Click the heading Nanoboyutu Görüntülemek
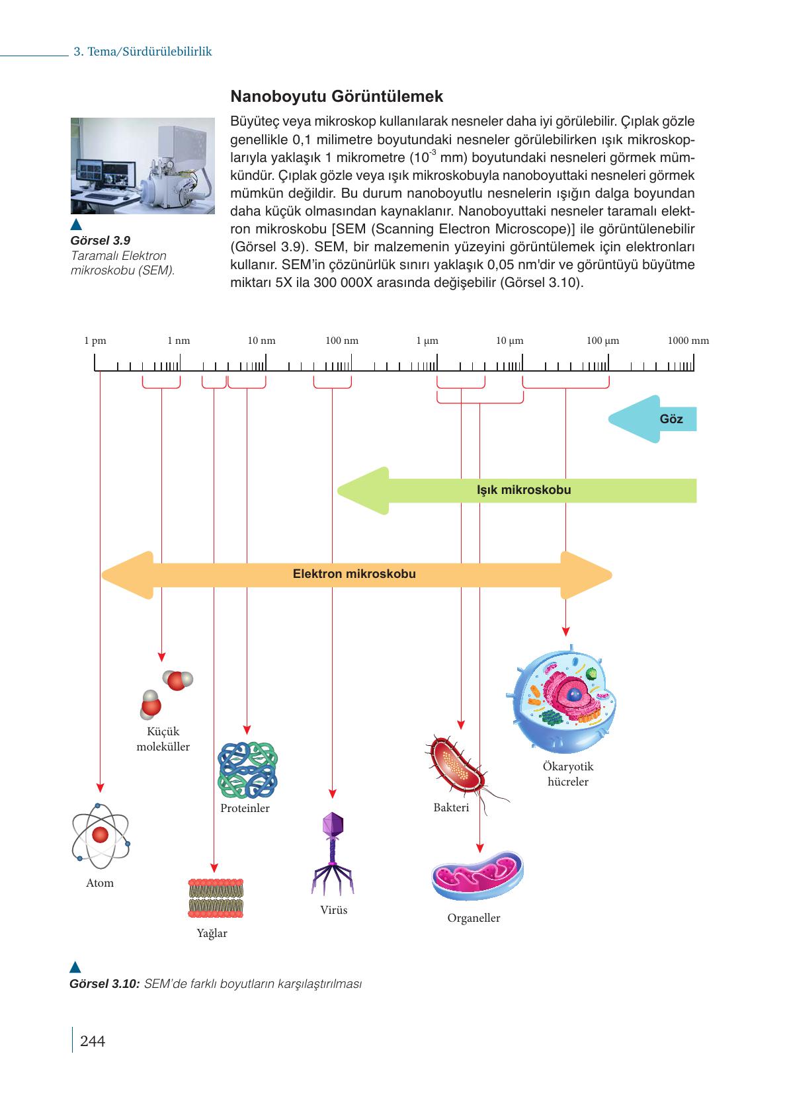[x=337, y=97]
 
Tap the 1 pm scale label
[x=95, y=341]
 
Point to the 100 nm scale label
[x=342, y=341]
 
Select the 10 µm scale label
[x=509, y=341]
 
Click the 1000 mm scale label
[x=688, y=341]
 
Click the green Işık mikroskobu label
[x=523, y=490]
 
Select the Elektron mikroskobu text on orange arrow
[x=354, y=574]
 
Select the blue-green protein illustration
[x=247, y=769]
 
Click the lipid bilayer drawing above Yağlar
[x=216, y=898]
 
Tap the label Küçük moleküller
[x=163, y=739]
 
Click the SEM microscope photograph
[x=143, y=165]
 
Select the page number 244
[x=92, y=1041]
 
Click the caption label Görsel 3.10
[x=104, y=983]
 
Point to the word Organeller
[x=474, y=918]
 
